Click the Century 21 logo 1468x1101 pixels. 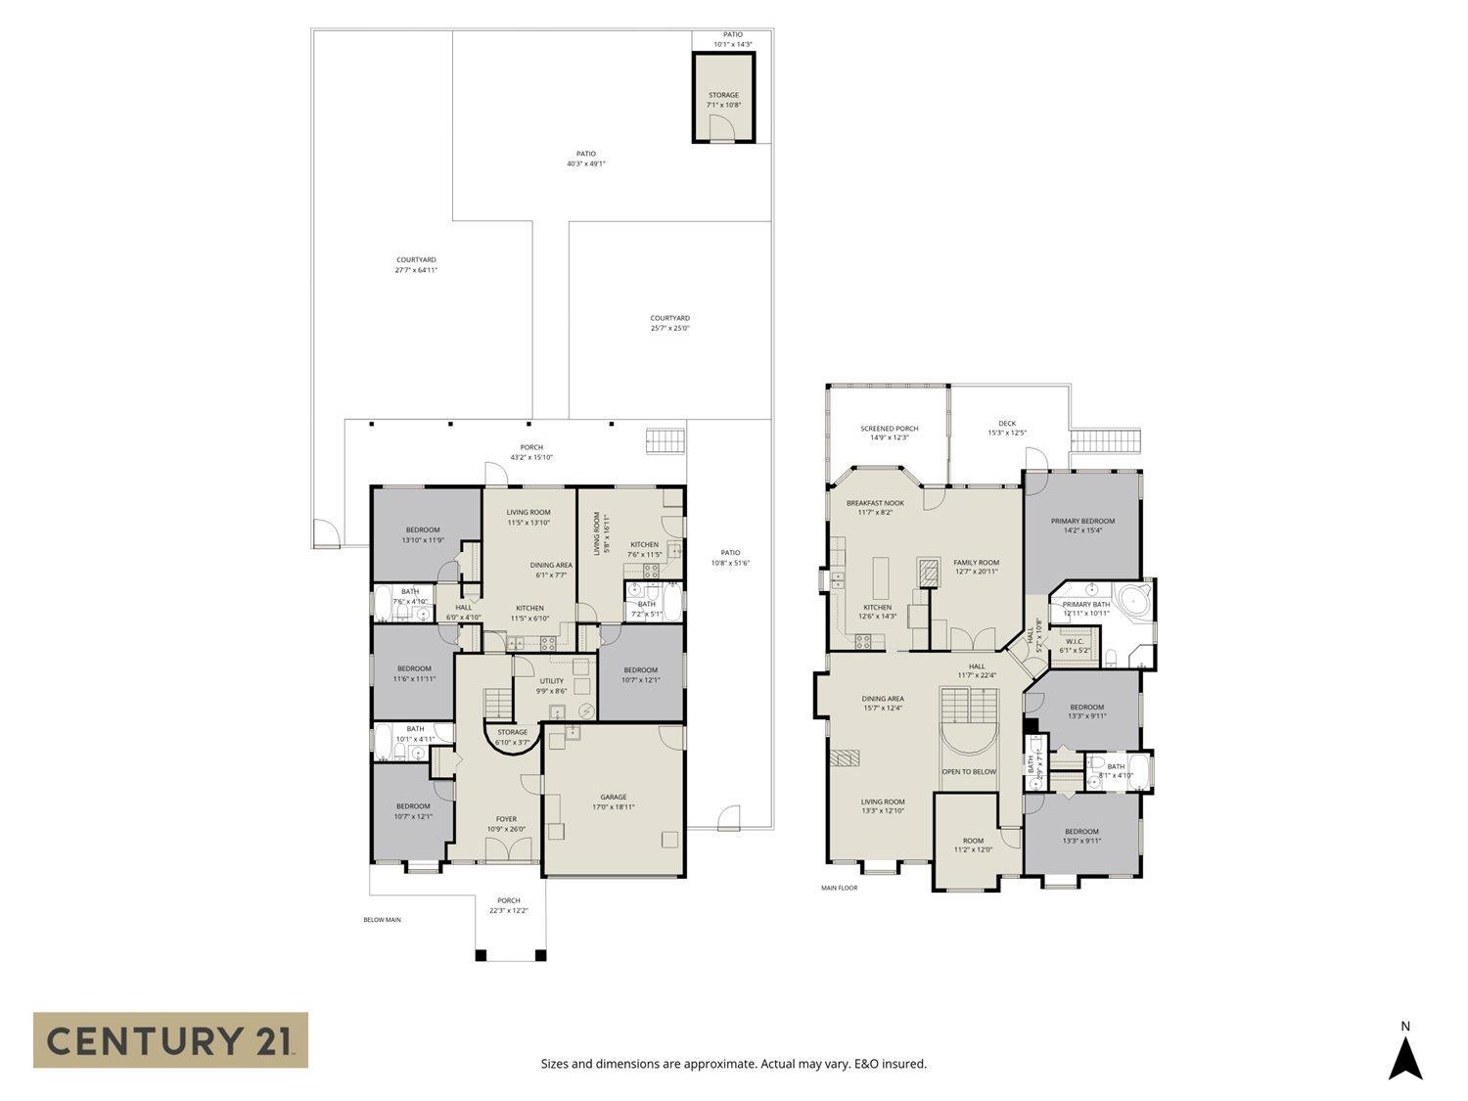(x=170, y=1039)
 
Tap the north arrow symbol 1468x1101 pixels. (x=1405, y=1058)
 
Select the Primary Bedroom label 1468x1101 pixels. (x=1082, y=521)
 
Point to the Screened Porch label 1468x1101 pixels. (x=889, y=429)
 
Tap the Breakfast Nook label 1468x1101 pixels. (x=875, y=503)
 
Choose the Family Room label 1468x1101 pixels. (x=976, y=563)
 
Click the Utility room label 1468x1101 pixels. (x=551, y=681)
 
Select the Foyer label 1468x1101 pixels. (x=506, y=819)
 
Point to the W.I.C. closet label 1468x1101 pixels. (x=1074, y=642)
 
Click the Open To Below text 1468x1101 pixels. (x=969, y=771)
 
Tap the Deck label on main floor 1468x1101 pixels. (x=1007, y=424)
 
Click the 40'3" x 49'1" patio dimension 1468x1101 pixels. (x=585, y=163)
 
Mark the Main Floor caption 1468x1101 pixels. (x=839, y=889)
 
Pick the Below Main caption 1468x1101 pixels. (x=382, y=920)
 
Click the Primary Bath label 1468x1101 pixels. (x=1085, y=605)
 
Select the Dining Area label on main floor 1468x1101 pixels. (x=882, y=699)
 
